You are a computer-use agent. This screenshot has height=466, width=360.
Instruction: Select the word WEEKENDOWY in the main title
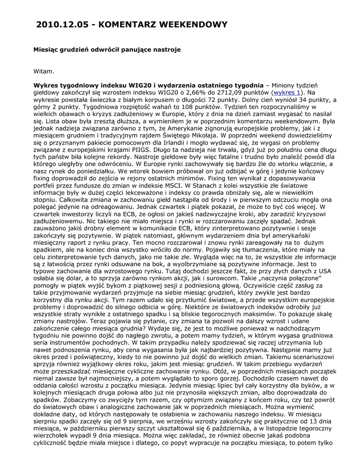click(191, 25)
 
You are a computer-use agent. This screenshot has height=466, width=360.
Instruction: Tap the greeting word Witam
click(44, 71)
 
